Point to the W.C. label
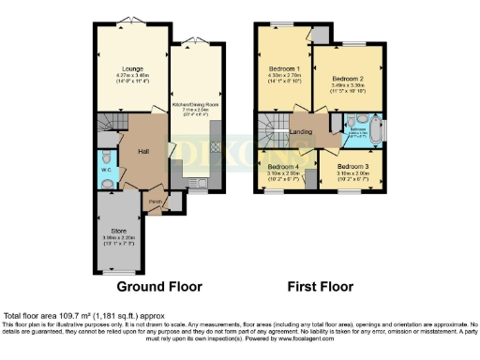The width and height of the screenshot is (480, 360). (104, 156)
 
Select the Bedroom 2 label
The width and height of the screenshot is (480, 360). (349, 79)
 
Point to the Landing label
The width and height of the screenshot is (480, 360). (301, 132)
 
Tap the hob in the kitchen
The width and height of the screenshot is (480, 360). (215, 147)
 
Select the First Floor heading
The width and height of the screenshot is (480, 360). (322, 287)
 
